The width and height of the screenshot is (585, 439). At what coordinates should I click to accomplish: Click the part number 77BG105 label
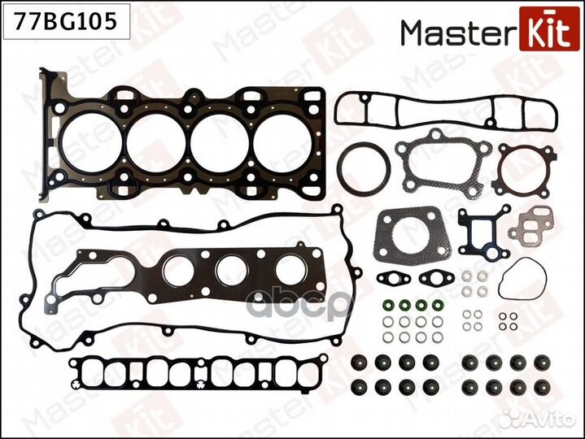point(65,21)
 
